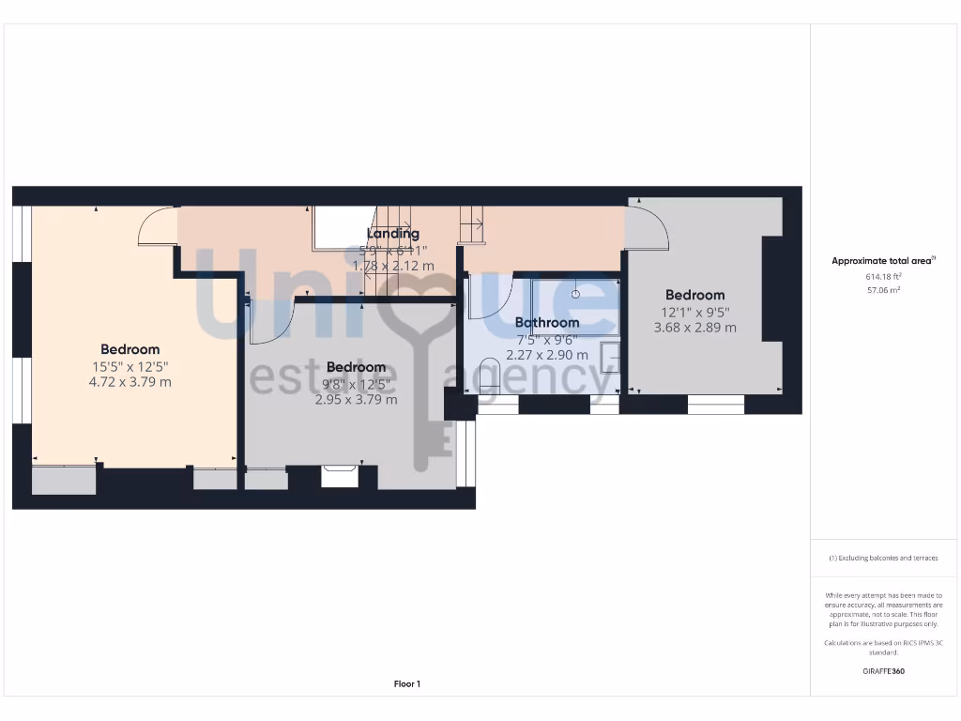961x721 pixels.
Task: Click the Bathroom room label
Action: (547, 322)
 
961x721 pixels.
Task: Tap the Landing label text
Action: (392, 234)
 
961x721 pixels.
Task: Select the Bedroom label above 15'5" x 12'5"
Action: (130, 349)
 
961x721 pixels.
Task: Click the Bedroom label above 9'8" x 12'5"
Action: (357, 366)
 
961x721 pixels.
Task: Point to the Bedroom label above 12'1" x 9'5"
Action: (694, 295)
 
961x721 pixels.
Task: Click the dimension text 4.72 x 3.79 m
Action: (130, 382)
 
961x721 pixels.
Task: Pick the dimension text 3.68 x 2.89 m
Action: (694, 328)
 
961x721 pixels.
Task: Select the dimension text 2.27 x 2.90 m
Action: (547, 355)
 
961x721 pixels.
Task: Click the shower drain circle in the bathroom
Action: (576, 293)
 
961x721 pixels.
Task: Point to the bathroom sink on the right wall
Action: (610, 358)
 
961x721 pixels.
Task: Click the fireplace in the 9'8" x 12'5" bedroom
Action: (339, 476)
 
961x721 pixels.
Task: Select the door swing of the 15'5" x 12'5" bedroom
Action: (156, 227)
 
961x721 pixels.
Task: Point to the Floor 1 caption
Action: (407, 684)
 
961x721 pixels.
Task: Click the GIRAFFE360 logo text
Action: (882, 671)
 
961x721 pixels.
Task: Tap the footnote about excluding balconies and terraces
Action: (882, 558)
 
